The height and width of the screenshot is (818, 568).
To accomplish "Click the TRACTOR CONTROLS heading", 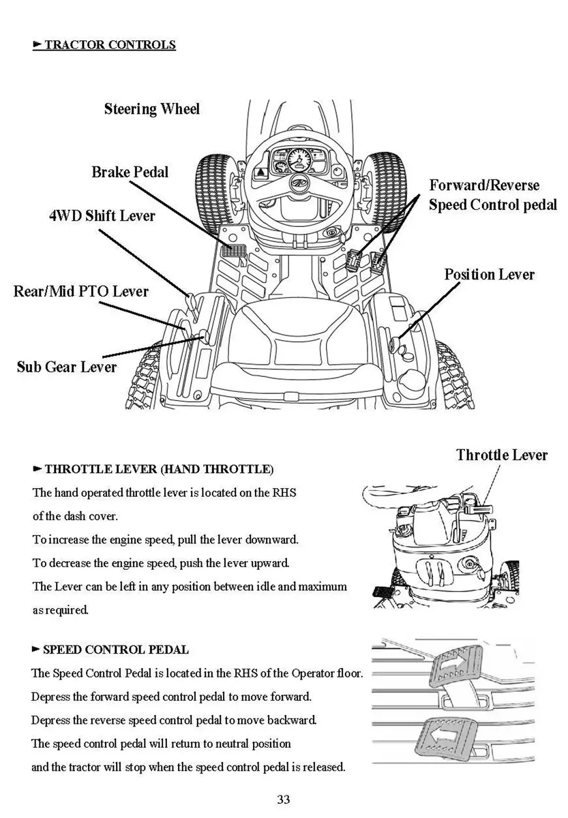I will pos(109,45).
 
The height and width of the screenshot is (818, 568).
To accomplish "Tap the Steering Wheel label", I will pos(151,109).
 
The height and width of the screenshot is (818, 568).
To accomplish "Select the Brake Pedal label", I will pos(130,172).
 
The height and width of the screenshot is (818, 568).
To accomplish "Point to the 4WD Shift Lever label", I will pos(102,216).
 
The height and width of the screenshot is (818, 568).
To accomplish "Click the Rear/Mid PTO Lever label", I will pos(80,291).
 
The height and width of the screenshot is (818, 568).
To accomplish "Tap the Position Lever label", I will pos(489,275).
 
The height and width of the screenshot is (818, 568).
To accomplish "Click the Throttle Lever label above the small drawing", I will pos(501,455).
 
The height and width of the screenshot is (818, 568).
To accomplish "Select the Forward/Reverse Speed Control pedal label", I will pos(492,195).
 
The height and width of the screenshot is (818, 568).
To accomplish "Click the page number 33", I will pos(284,799).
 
